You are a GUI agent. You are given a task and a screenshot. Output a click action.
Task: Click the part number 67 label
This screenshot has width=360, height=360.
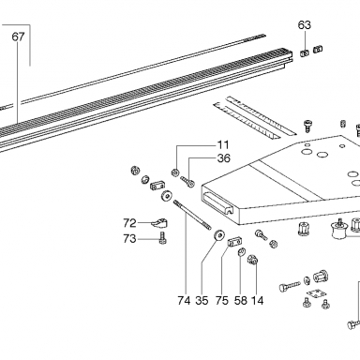[18, 37]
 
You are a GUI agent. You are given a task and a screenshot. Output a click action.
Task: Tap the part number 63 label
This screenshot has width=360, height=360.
[304, 24]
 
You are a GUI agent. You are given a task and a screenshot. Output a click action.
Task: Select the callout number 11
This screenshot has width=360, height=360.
[223, 145]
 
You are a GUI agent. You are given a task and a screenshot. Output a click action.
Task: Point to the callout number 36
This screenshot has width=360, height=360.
[224, 158]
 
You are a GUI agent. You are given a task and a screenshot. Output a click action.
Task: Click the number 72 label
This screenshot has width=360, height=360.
[129, 223]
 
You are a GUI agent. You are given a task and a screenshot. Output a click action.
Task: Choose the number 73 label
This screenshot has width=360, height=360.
[129, 239]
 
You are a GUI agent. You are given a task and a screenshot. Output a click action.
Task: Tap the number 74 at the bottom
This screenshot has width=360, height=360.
[184, 301]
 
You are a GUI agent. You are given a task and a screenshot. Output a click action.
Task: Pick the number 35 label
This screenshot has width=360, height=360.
[202, 301]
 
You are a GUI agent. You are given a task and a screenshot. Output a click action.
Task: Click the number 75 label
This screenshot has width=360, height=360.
[221, 301]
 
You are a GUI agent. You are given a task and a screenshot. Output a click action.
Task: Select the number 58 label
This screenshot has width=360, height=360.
[240, 301]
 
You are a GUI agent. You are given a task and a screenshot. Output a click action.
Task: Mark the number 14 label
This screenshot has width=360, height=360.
[258, 301]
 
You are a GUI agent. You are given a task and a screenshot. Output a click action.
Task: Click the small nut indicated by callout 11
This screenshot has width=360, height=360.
[175, 172]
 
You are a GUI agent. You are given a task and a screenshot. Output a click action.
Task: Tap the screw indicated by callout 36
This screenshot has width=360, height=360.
[187, 181]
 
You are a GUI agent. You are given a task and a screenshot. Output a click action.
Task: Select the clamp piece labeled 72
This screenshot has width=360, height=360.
[159, 222]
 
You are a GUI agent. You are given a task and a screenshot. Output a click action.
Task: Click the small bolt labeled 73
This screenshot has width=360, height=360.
[163, 238]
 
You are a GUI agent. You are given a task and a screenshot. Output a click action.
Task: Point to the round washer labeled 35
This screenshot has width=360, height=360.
[220, 234]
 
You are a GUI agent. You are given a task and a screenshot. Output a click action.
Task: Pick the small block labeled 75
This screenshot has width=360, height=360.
[233, 241]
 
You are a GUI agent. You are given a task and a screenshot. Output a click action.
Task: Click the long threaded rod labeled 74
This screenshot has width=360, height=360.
[192, 216]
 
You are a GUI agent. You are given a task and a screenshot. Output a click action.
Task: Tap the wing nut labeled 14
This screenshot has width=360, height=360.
[252, 260]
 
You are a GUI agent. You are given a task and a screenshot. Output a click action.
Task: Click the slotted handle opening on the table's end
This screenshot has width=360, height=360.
[218, 203]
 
